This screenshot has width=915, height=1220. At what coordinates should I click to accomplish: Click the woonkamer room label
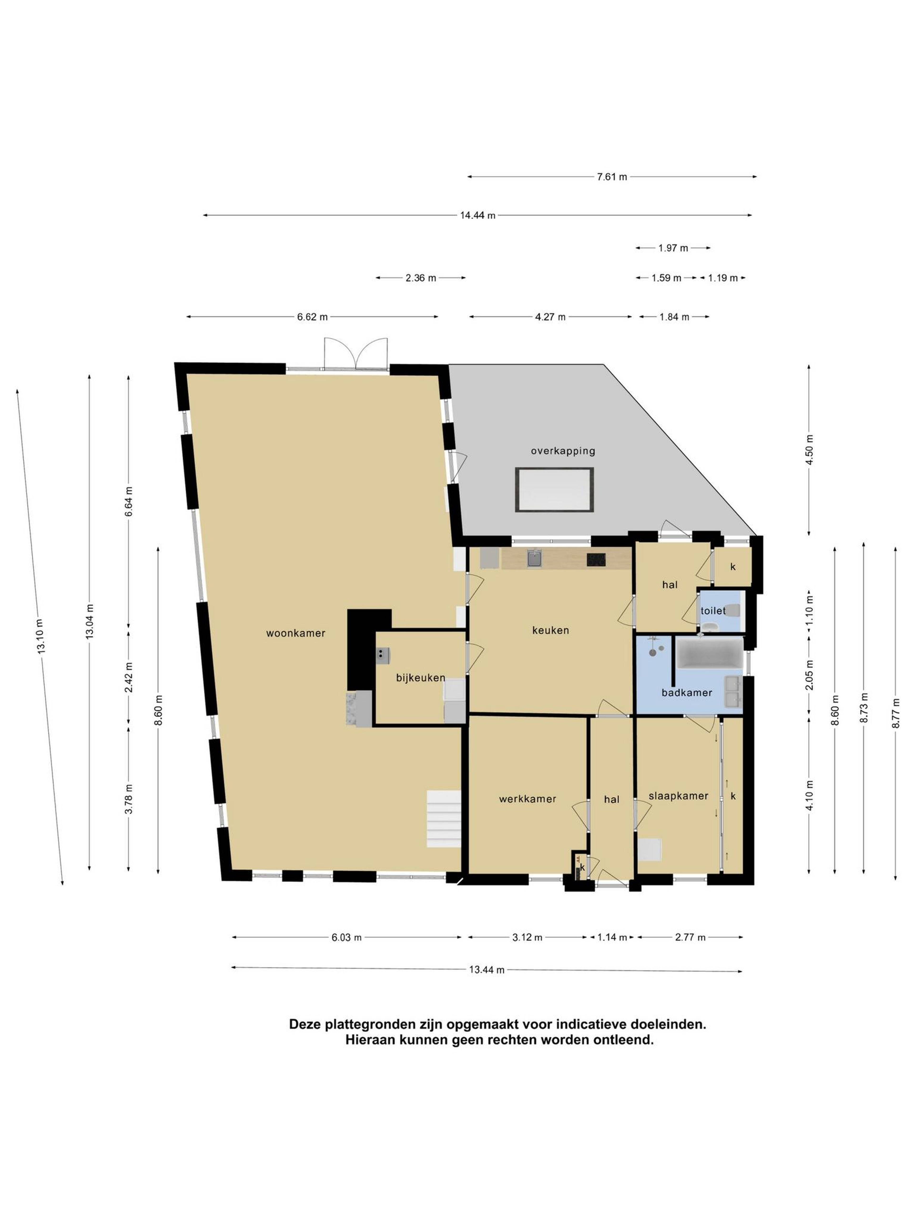[296, 633]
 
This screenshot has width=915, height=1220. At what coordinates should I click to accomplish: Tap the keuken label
[550, 630]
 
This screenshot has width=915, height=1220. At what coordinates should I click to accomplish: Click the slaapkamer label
[678, 796]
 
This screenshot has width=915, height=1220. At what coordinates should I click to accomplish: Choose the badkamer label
[687, 693]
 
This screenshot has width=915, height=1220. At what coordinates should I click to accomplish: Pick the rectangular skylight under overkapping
[554, 490]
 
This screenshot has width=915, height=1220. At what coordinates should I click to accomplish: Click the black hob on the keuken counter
[596, 560]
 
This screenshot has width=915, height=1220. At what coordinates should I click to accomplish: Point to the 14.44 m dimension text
[478, 216]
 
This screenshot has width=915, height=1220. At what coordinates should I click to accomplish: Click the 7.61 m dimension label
[612, 177]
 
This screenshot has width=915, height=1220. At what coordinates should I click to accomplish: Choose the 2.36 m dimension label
[421, 278]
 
